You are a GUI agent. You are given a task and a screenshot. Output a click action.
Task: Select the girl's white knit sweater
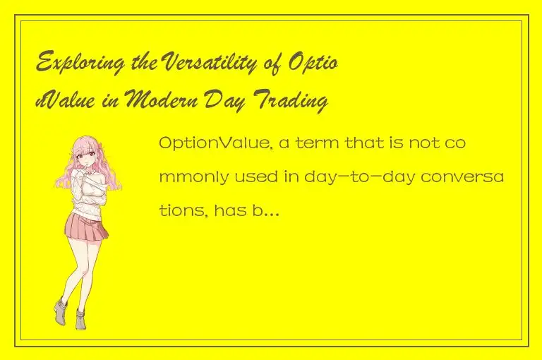pos(92,191)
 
